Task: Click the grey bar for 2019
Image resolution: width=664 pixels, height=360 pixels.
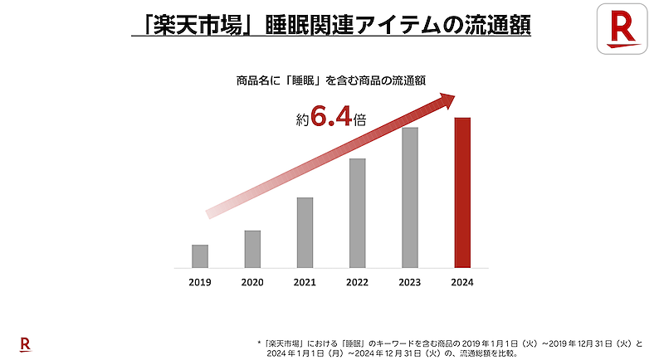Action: click(200, 256)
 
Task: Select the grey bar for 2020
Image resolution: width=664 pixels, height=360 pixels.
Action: click(252, 249)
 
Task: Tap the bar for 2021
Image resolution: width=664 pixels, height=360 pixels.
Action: click(305, 233)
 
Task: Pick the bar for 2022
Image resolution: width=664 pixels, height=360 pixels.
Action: click(357, 213)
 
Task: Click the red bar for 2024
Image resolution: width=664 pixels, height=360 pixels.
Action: click(463, 193)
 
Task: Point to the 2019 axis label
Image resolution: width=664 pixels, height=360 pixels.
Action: click(200, 282)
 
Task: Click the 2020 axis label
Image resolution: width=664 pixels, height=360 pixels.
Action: click(252, 282)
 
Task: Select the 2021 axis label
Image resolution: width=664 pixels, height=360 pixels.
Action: click(305, 282)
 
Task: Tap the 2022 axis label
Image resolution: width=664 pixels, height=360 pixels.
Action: click(357, 282)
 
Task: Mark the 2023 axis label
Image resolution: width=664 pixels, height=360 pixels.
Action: click(410, 282)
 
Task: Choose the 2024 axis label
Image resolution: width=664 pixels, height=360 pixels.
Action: click(463, 282)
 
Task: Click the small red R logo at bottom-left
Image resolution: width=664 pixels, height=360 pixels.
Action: click(25, 343)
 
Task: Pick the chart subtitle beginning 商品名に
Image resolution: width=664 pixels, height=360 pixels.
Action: click(332, 80)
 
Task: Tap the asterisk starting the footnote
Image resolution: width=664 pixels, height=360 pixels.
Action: click(260, 342)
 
